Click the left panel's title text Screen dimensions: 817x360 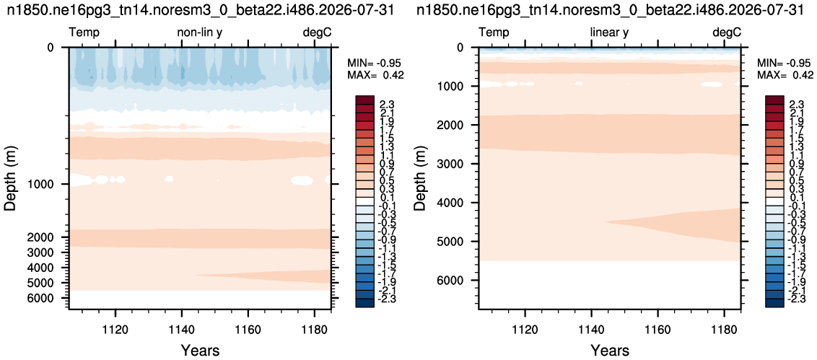200,10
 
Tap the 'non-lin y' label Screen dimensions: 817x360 201,32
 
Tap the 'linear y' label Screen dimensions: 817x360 609,32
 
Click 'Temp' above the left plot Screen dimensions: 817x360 84,33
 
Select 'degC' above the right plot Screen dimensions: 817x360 726,32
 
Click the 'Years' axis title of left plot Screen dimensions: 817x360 200,350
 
